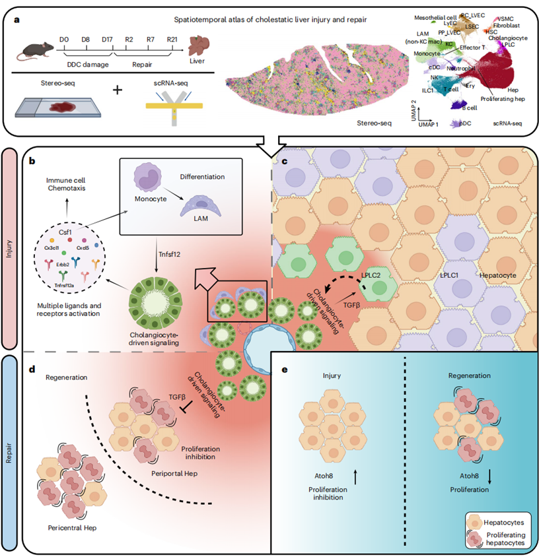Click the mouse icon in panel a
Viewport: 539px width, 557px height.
pos(38,47)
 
